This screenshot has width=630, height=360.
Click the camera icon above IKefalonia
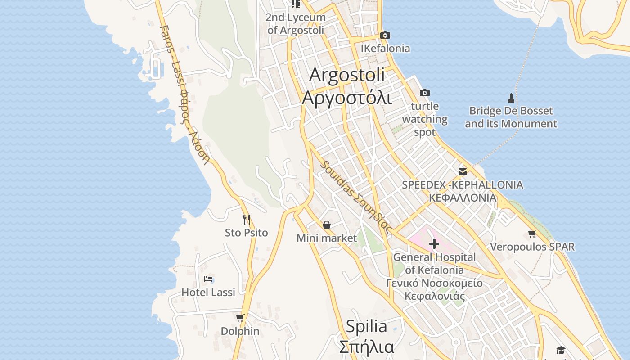[385, 35]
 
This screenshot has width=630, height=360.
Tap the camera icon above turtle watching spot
[424, 93]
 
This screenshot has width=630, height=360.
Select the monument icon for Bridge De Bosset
[511, 97]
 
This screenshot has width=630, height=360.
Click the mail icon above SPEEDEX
[462, 171]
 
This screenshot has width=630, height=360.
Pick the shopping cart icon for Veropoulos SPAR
[532, 234]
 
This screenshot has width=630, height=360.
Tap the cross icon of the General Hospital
[434, 244]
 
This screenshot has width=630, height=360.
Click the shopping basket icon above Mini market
[327, 225]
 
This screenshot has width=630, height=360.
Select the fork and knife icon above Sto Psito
[246, 219]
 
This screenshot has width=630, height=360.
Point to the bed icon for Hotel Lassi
[208, 279]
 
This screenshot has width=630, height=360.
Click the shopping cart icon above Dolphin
[240, 318]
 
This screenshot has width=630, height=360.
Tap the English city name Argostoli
[347, 75]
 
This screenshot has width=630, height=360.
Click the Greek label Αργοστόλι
[347, 97]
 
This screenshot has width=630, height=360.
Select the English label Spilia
[366, 326]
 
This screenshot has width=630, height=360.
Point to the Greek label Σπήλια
[366, 346]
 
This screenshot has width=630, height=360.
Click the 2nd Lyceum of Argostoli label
[296, 24]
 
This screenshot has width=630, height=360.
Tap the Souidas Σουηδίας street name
[355, 196]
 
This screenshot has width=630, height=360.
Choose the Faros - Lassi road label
[184, 94]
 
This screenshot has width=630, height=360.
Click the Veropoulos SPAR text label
[532, 247]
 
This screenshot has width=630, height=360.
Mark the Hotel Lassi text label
[208, 292]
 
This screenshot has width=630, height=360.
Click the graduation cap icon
[560, 350]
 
